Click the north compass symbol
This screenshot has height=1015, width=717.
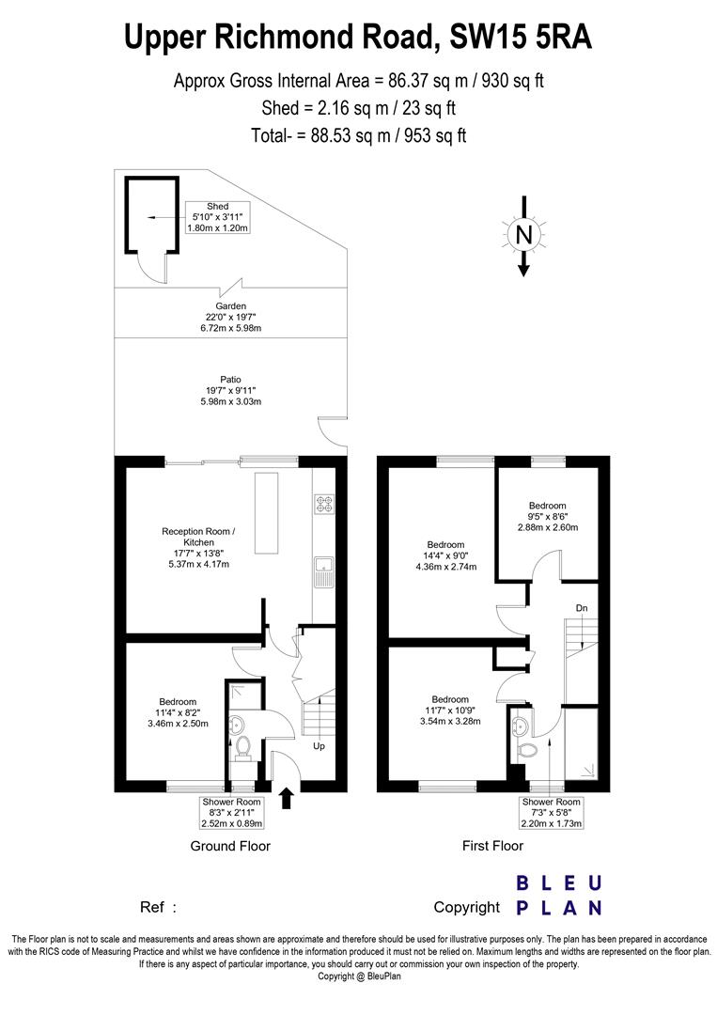(x=523, y=233)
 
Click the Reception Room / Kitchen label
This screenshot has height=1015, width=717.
(x=198, y=548)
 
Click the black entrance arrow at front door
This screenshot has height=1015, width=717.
(x=286, y=800)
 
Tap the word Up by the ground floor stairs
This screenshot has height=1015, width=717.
(x=320, y=746)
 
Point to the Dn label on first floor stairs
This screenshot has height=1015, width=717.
(x=582, y=608)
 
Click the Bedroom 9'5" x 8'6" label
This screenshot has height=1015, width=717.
(x=547, y=516)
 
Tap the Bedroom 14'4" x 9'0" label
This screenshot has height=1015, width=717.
(x=445, y=555)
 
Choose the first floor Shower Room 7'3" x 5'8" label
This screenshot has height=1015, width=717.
(x=552, y=813)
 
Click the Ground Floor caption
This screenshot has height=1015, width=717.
(x=230, y=846)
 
